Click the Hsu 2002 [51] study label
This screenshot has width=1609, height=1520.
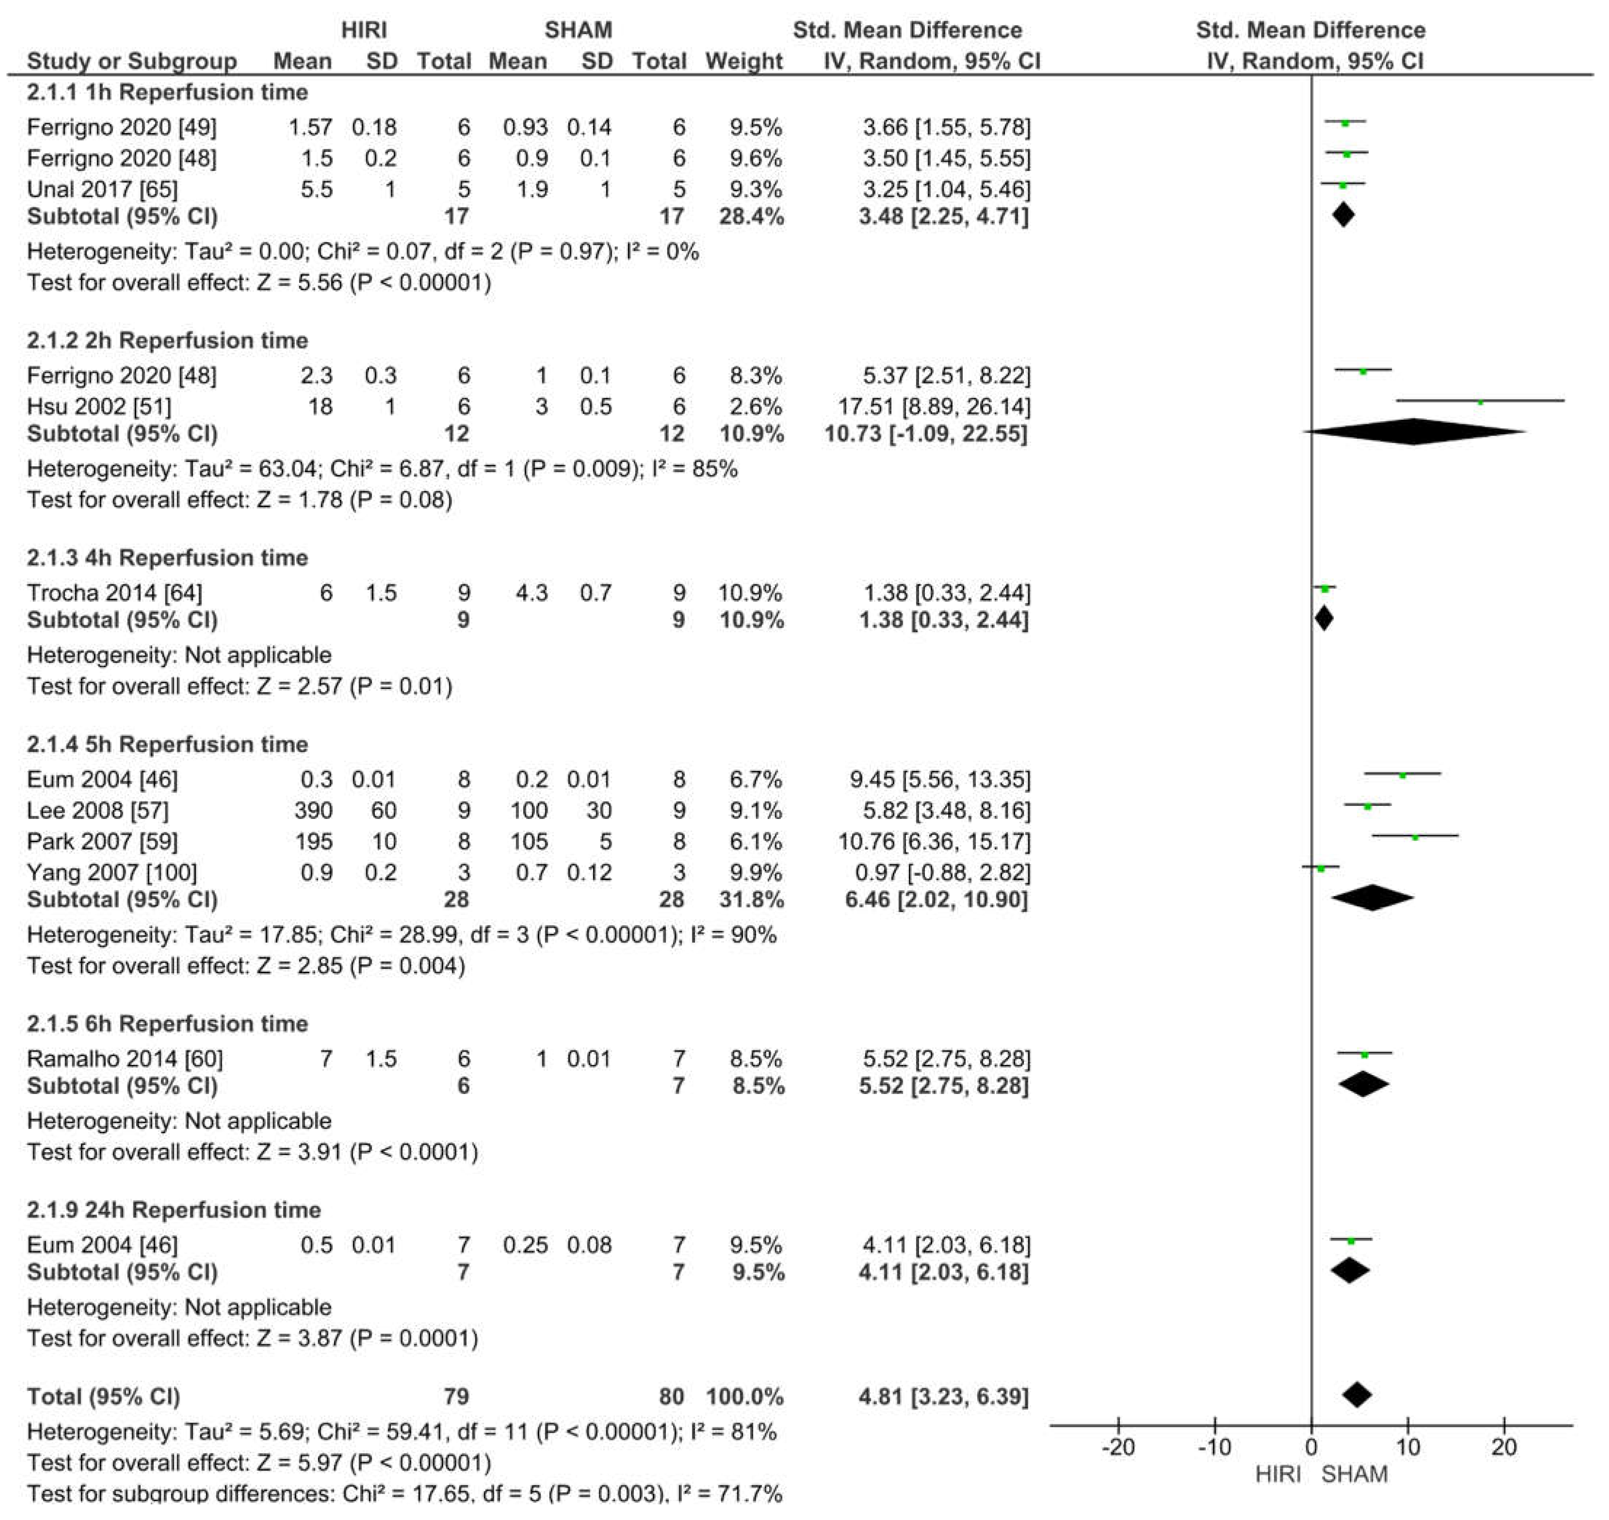click(x=99, y=407)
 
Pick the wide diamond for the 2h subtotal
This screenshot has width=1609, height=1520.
click(x=1414, y=432)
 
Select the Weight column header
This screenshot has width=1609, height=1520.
click(x=744, y=61)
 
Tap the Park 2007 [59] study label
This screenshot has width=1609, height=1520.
click(x=102, y=842)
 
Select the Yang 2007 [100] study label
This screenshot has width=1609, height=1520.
click(x=112, y=873)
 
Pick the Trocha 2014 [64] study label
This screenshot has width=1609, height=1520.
click(x=114, y=593)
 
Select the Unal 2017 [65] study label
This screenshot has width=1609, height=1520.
click(x=102, y=190)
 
